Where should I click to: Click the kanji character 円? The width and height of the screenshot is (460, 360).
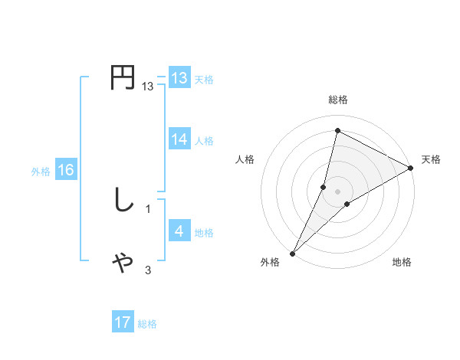(123, 78)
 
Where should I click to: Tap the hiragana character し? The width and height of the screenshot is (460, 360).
(123, 201)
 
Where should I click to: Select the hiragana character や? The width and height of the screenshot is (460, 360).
(123, 262)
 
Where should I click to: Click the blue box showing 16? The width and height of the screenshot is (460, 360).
(66, 170)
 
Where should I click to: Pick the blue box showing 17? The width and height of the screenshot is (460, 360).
(123, 322)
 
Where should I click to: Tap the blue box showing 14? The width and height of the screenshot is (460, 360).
(179, 139)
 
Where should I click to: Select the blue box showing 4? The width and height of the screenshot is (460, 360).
(179, 231)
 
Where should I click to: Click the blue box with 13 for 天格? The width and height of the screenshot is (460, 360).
(179, 78)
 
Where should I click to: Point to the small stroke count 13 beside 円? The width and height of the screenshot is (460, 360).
(148, 87)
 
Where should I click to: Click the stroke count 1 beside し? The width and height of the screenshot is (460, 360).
(148, 209)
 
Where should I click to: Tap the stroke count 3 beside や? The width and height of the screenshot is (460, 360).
(148, 270)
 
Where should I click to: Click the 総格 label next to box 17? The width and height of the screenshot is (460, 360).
(147, 324)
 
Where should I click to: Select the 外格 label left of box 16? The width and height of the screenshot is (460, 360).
(41, 172)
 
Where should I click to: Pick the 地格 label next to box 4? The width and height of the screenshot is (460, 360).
(204, 233)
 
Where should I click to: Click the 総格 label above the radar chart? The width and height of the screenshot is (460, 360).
(337, 100)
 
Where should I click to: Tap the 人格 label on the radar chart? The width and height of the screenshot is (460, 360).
(245, 159)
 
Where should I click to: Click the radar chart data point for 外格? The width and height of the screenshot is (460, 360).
(292, 254)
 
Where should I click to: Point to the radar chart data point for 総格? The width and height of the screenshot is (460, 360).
(337, 130)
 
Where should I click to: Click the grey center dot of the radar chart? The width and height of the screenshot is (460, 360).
(337, 191)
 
